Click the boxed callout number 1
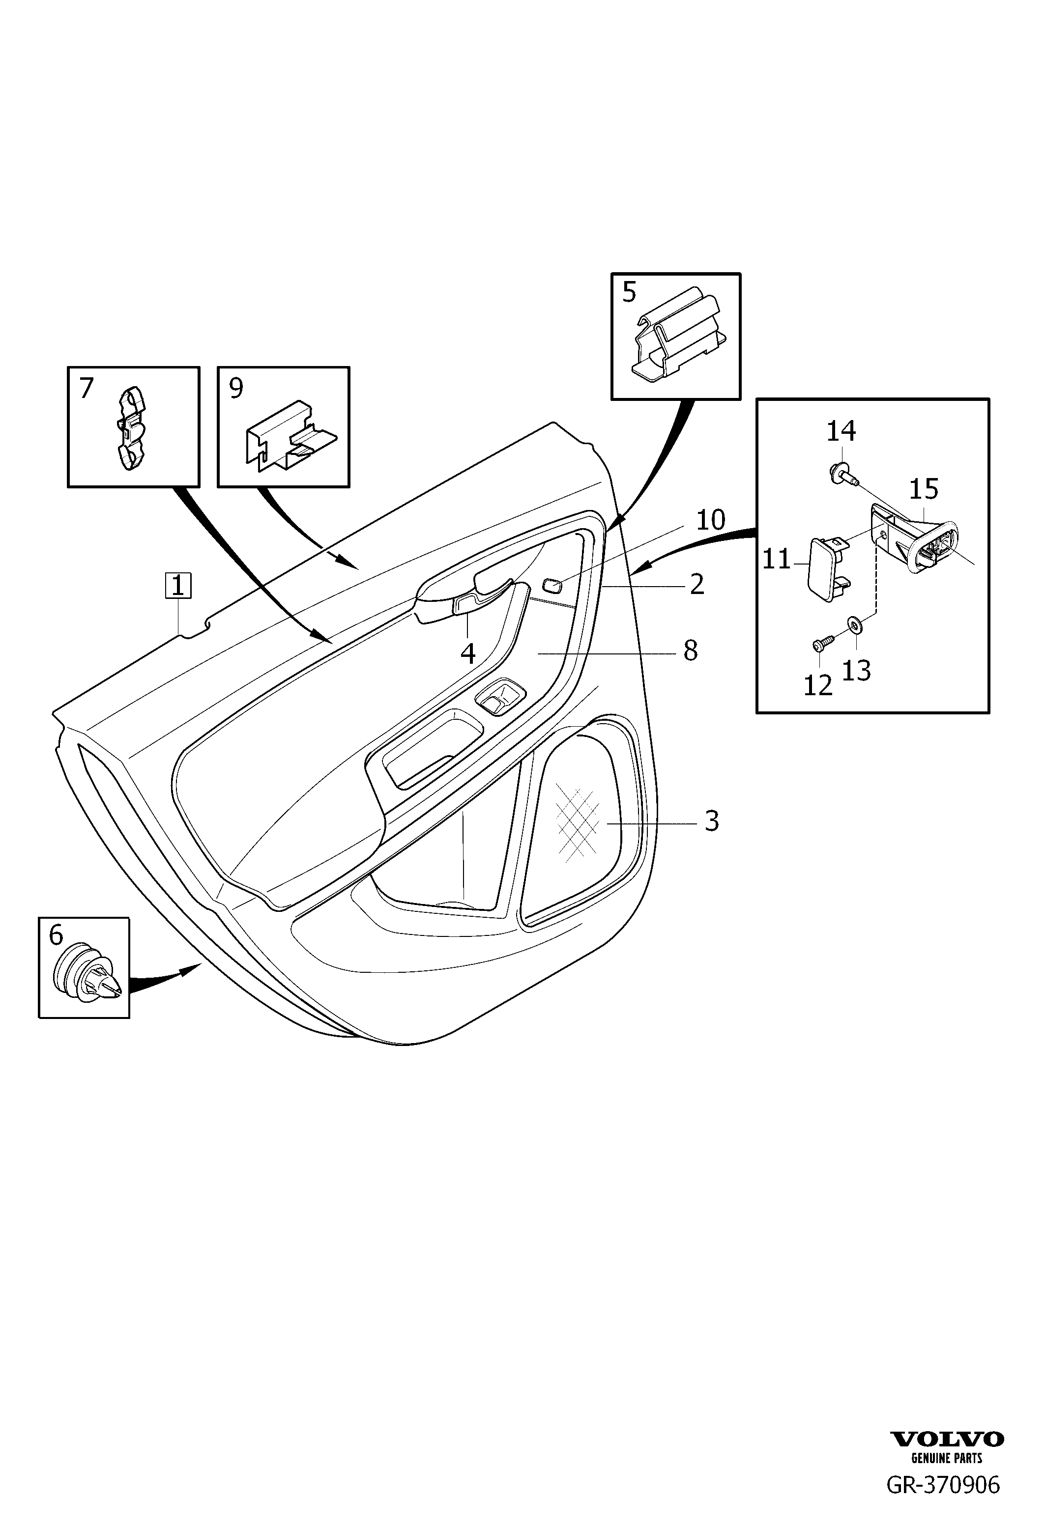click(178, 586)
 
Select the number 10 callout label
click(711, 520)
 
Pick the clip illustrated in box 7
click(131, 427)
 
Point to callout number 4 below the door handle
click(467, 654)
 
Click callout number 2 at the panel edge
click(697, 584)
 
